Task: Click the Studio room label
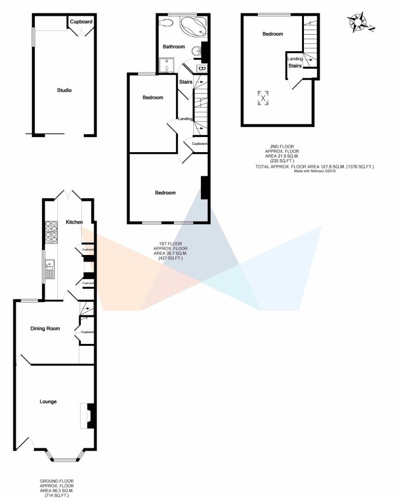tap(64, 90)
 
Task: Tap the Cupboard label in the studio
tap(81, 22)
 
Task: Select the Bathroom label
tap(174, 47)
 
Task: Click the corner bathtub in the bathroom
tap(193, 26)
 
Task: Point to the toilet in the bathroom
tap(166, 22)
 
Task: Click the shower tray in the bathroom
tap(167, 65)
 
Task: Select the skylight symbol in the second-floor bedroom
tap(263, 98)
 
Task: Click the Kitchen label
tap(74, 222)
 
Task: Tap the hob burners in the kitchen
tap(51, 232)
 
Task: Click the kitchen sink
tap(50, 269)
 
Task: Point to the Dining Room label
tap(45, 328)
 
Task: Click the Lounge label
tap(48, 402)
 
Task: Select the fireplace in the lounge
tap(87, 416)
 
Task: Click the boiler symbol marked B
tap(202, 68)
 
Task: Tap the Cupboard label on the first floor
tap(199, 143)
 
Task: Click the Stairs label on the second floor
tap(295, 66)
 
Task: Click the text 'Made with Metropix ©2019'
tap(315, 171)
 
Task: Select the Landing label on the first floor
tap(185, 119)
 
